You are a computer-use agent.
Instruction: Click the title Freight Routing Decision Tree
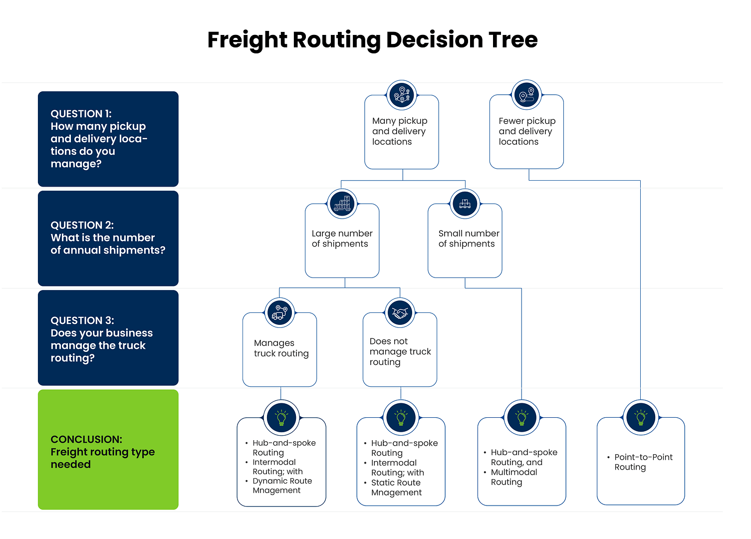coord(372,40)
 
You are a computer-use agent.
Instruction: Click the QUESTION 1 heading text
coord(81,114)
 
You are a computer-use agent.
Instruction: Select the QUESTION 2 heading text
coord(82,225)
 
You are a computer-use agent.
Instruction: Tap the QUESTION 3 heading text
coord(82,320)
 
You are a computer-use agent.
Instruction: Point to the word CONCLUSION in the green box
coord(86,439)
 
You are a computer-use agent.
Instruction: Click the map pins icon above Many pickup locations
coord(402,94)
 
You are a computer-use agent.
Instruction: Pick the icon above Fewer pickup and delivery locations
coord(527,94)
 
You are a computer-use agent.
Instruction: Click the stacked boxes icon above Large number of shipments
coord(342,204)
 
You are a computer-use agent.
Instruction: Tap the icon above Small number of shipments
coord(465,204)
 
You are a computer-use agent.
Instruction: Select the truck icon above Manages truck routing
coord(280,312)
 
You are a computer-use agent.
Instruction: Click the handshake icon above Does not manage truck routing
coord(400,312)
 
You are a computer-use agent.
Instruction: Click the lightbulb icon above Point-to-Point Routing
coord(641,417)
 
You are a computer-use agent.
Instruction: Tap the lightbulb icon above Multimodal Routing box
coord(521,417)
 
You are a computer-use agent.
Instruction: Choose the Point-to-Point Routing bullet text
coord(643,462)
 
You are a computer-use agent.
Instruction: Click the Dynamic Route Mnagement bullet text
coord(282,486)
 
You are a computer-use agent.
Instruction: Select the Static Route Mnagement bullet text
coord(396,488)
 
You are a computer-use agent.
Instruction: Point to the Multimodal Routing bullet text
coord(513,477)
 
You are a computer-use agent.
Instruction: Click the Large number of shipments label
coord(342,239)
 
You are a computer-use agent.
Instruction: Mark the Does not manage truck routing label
coord(400,351)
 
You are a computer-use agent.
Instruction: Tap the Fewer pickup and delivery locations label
coord(526,131)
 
